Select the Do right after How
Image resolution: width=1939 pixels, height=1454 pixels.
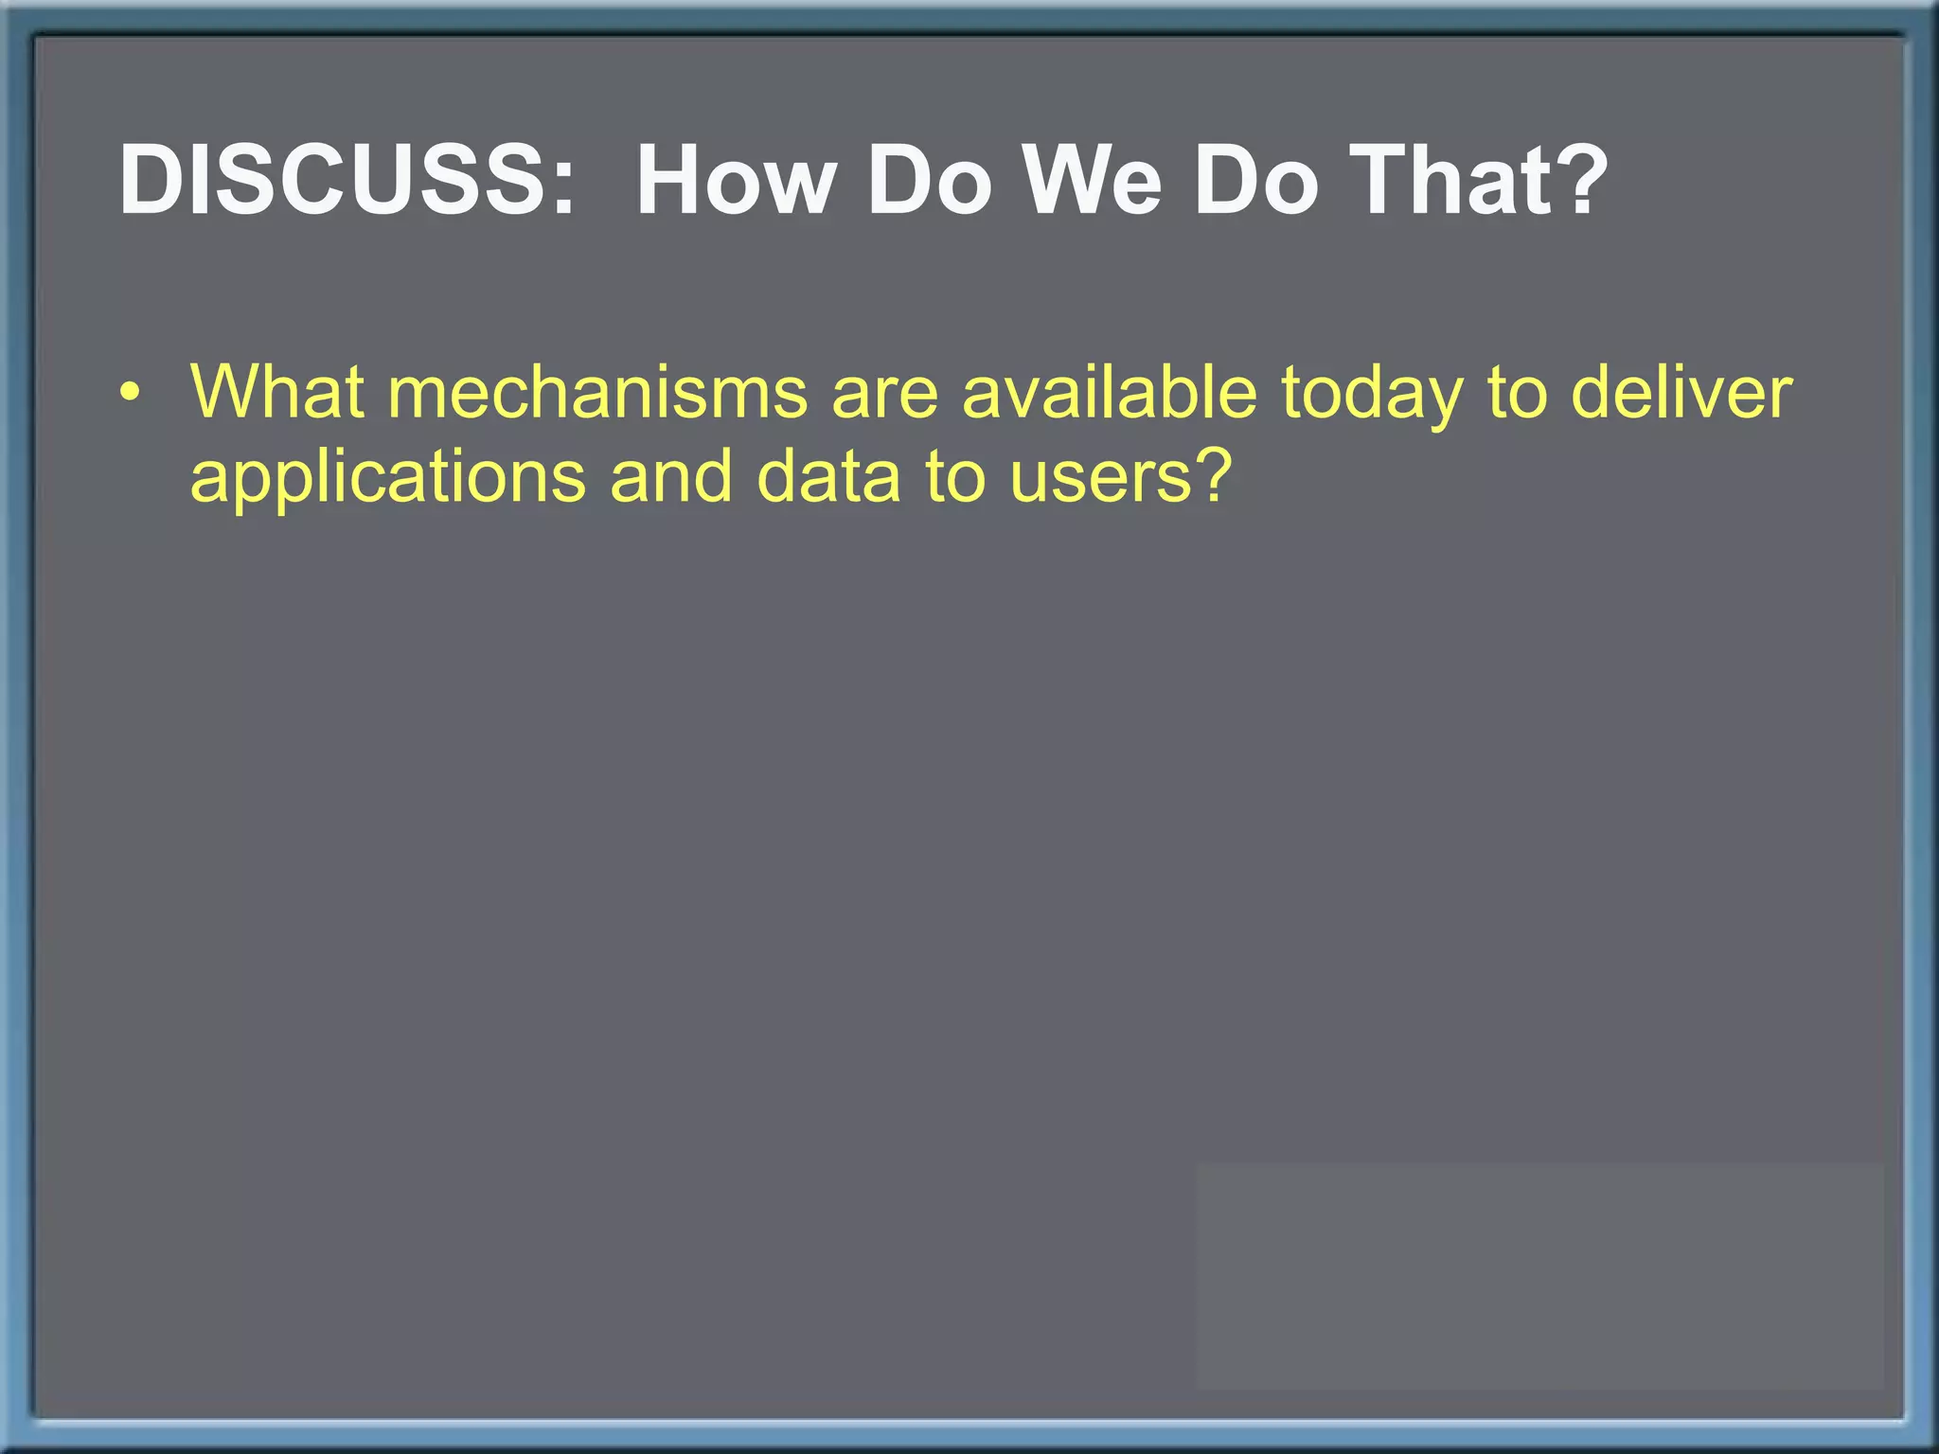click(929, 180)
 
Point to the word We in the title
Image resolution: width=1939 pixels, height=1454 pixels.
click(1093, 180)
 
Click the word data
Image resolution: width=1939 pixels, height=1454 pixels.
click(829, 475)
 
